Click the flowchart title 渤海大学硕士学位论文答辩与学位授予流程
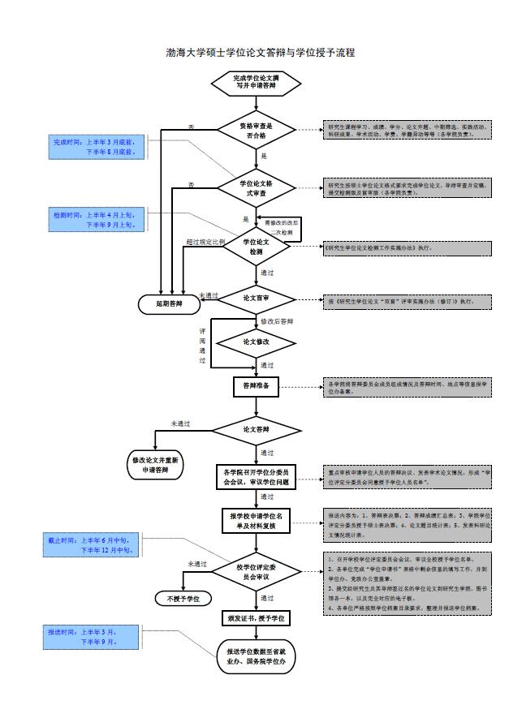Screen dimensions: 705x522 (261, 52)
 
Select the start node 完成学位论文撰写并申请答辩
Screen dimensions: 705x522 (257, 82)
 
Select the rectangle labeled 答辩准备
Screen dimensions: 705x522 (257, 387)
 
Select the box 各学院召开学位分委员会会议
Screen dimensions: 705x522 (257, 476)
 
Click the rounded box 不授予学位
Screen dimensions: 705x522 (183, 599)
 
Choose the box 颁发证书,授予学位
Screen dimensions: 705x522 (257, 618)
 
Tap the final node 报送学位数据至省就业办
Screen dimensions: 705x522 (257, 655)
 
